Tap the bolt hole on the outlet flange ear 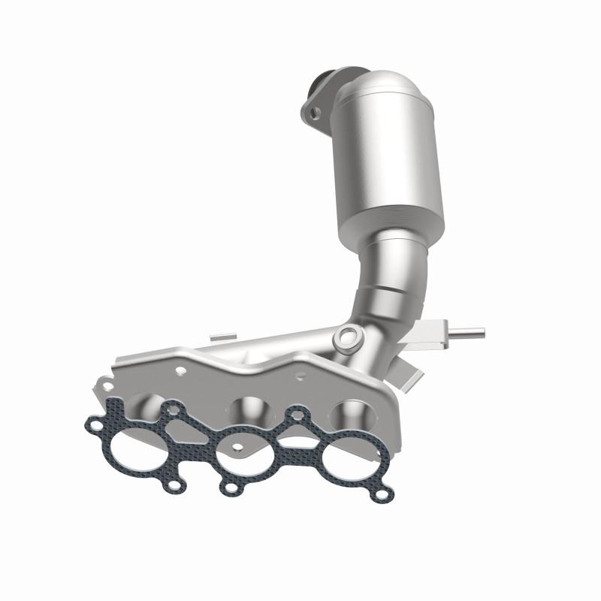click(x=315, y=113)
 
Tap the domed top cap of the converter click(x=379, y=90)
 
